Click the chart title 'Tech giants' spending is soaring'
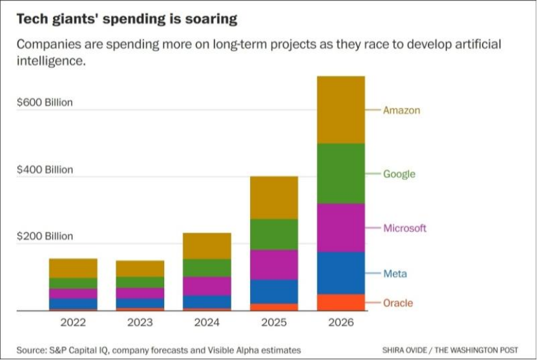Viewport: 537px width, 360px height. point(126,19)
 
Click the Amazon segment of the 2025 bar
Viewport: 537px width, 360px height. point(274,197)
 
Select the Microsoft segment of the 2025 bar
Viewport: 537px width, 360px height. point(274,264)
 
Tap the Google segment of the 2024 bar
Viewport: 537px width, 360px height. point(207,268)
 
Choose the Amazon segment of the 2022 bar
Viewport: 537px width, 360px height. point(73,268)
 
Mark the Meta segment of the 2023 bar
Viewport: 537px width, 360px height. point(140,303)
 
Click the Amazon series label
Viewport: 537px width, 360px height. point(401,110)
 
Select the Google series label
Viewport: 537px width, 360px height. point(399,174)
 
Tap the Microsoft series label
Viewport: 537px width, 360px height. point(405,228)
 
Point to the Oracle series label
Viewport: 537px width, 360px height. point(397,303)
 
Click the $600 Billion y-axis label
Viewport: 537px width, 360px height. point(45,102)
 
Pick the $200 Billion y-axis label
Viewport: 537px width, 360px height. point(45,237)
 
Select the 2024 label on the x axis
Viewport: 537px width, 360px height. point(207,321)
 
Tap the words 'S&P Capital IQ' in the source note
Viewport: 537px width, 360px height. point(77,350)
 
